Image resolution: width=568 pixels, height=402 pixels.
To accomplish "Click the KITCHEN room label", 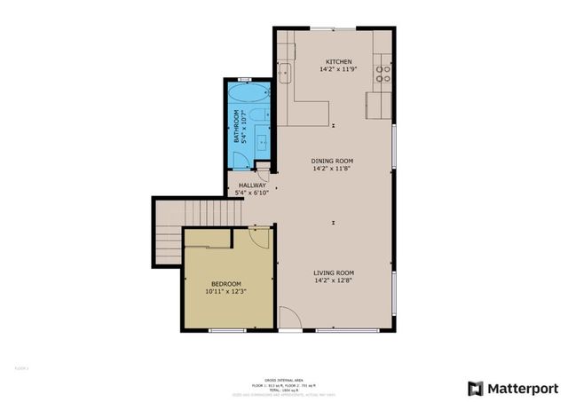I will (x=333, y=62).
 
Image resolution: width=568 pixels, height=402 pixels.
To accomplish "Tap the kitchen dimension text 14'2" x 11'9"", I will (x=333, y=70).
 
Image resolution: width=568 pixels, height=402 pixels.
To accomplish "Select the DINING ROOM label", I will (x=333, y=161).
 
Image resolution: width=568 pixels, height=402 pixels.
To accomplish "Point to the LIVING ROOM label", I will (x=334, y=272).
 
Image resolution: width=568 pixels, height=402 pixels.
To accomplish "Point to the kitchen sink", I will (x=285, y=73).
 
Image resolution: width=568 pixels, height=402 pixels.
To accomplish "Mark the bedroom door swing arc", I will (x=258, y=235).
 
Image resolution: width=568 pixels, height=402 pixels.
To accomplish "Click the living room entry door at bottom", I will (x=290, y=319).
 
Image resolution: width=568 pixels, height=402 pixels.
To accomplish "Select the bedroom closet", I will (x=209, y=237).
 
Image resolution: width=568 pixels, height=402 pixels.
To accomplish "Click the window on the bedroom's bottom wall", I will (x=226, y=330).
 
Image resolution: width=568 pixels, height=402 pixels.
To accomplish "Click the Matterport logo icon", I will (x=476, y=388).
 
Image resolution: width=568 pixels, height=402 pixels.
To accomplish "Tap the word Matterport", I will (x=523, y=388).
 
